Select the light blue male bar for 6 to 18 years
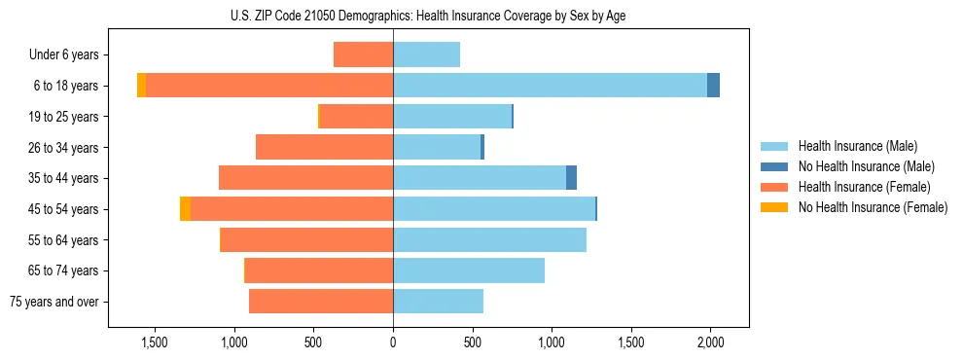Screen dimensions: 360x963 coord(550,86)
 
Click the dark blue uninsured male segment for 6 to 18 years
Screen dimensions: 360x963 coord(713,86)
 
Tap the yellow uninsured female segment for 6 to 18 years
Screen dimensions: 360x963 coord(142,86)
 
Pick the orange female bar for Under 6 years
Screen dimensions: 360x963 coord(363,54)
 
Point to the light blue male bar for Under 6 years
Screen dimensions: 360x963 coord(426,54)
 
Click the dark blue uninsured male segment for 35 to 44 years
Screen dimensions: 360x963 coord(571,178)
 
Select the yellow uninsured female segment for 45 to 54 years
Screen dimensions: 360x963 coord(185,209)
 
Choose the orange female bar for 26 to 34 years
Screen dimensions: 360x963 coord(324,147)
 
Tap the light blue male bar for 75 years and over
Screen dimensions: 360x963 coord(438,302)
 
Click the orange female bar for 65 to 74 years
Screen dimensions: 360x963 coord(319,270)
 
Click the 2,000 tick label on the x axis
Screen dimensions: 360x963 coord(710,342)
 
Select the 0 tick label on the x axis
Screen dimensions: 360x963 coord(393,342)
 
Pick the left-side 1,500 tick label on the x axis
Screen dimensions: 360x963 coord(155,342)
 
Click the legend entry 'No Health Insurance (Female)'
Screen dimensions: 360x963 coord(872,207)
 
